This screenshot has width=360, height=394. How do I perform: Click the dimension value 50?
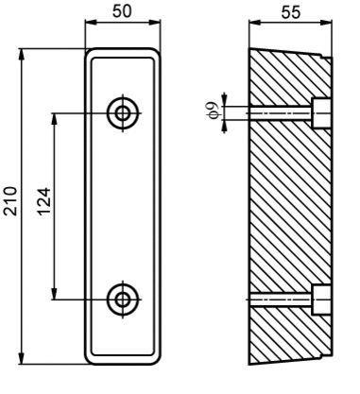tap(122, 11)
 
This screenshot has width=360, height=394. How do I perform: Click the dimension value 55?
tap(291, 12)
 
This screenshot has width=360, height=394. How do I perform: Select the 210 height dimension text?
tap(10, 201)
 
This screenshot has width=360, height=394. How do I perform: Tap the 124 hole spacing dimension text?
tap(44, 201)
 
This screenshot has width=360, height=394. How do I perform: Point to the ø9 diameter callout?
tap(214, 111)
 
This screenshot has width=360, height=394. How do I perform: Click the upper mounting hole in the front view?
tap(123, 112)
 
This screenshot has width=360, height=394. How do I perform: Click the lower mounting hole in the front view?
tap(123, 300)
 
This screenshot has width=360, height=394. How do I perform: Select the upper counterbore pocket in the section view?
tap(321, 112)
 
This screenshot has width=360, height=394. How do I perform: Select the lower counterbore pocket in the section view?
tap(321, 300)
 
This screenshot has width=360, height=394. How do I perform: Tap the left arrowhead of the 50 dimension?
tap(90, 22)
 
